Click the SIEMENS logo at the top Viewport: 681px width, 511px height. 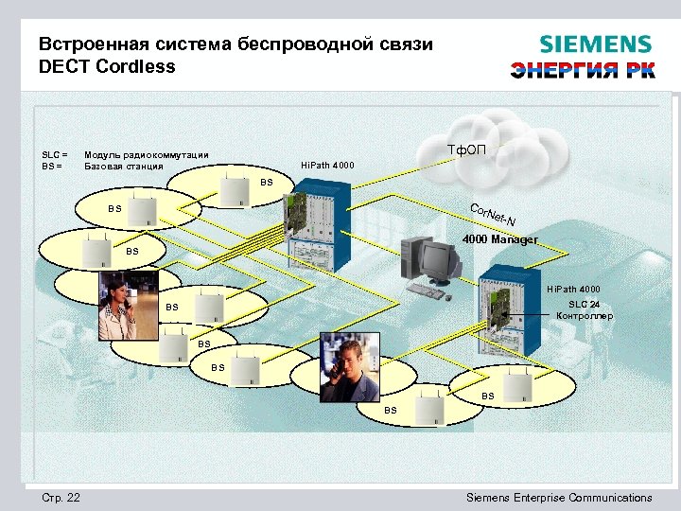[595, 44]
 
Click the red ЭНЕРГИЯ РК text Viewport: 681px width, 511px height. [582, 71]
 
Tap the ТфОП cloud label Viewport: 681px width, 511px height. [467, 149]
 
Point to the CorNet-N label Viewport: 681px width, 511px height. [492, 216]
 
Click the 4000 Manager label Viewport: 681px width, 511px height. [500, 239]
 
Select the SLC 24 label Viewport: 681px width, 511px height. [584, 303]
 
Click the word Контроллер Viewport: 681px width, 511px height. [585, 315]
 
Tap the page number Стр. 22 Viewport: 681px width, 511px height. [61, 498]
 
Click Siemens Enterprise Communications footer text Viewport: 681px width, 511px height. [560, 498]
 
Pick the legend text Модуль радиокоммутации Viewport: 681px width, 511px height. [147, 155]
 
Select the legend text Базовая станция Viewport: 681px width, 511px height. [124, 167]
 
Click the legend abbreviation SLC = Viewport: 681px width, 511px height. [55, 155]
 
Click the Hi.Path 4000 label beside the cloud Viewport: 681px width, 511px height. [327, 166]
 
